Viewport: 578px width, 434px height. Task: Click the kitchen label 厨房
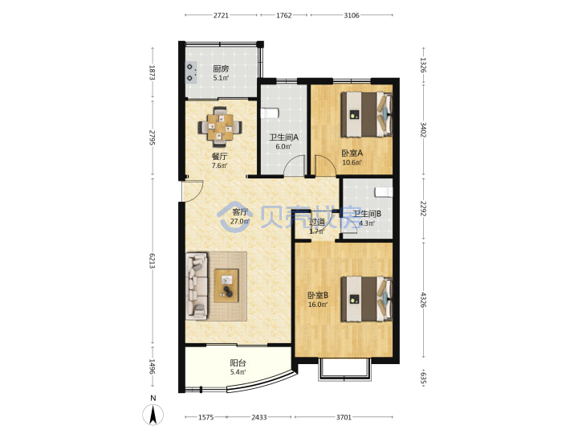pos(221,68)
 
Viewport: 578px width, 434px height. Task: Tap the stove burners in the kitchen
pos(190,72)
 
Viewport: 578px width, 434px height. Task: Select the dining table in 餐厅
pos(220,127)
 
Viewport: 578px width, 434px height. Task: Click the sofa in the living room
pos(197,285)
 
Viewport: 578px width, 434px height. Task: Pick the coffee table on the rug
pos(226,285)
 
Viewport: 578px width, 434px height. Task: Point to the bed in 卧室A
pos(366,114)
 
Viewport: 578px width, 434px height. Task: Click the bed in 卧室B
pos(366,299)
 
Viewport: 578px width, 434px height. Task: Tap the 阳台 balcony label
pos(238,362)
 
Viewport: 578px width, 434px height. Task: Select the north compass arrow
pos(153,414)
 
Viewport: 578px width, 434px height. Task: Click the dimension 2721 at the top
pos(221,15)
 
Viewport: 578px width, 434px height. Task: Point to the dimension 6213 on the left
pos(152,261)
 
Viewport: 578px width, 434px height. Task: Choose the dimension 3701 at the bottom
pos(344,417)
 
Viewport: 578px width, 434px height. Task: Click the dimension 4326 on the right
pos(423,300)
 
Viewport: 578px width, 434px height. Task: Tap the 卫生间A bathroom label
pos(283,137)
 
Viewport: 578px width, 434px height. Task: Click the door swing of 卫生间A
pos(295,166)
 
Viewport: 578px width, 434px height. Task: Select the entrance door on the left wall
pos(193,190)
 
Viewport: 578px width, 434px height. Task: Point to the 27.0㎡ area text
pos(239,222)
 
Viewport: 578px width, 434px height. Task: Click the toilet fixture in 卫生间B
pos(384,192)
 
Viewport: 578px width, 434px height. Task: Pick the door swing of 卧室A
pos(325,166)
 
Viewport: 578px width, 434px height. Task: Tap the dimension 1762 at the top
pos(284,15)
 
